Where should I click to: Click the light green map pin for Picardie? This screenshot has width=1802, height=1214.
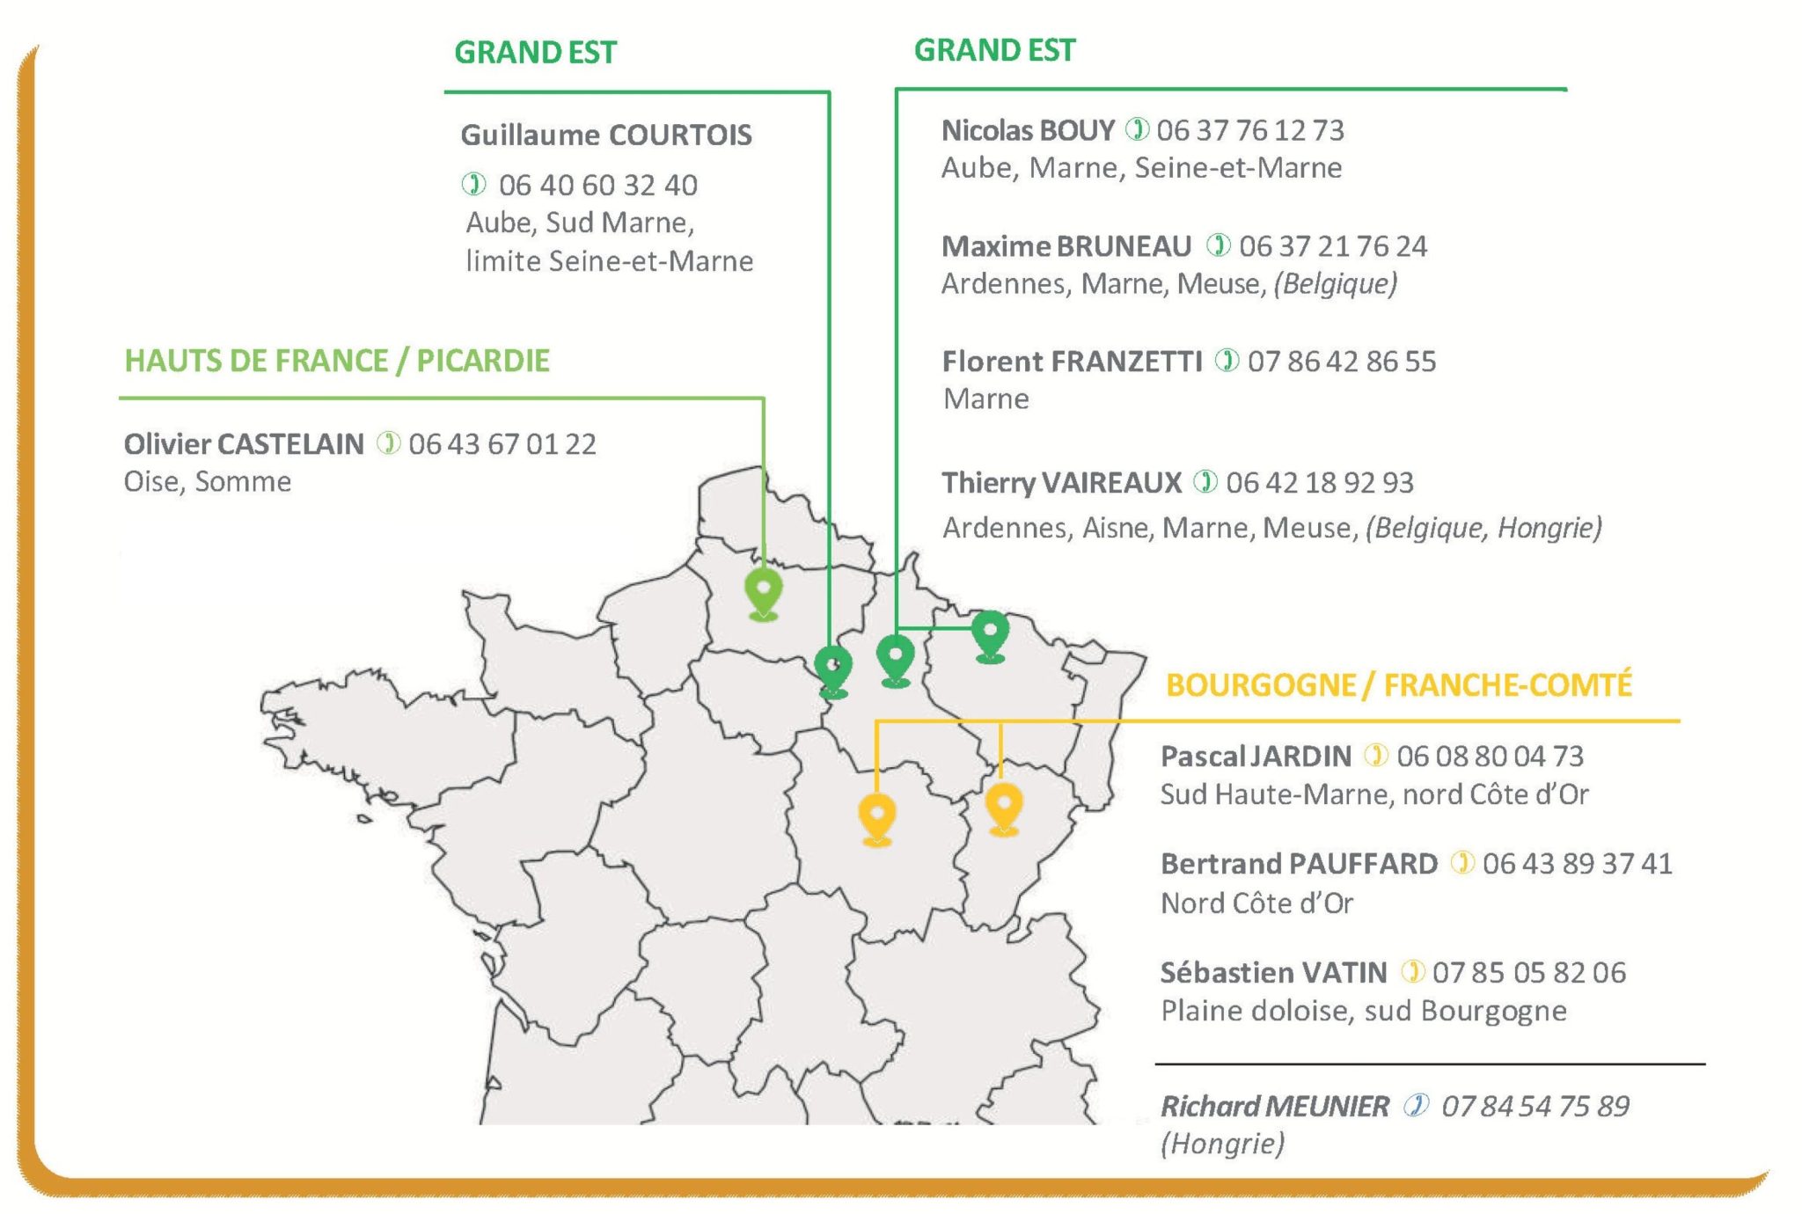pos(763,592)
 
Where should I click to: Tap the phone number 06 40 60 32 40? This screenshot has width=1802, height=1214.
pos(597,185)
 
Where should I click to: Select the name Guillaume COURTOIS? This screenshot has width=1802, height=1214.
pos(606,135)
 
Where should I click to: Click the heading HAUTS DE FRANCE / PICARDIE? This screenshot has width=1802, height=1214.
pos(337,361)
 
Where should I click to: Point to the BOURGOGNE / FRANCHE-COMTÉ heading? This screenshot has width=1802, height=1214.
pos(1398,684)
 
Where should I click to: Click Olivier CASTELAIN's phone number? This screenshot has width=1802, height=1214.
pos(502,443)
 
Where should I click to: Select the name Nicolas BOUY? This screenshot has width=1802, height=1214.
pos(1028,130)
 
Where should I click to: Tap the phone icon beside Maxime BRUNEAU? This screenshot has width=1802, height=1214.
pos(1218,245)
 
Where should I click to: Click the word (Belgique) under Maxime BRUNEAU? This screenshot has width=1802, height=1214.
pos(1335,283)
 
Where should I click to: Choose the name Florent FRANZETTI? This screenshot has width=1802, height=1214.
pos(1072,361)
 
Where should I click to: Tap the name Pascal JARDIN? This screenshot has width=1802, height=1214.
pos(1256,756)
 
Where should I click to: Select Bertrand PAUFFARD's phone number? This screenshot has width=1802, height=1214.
pos(1577,863)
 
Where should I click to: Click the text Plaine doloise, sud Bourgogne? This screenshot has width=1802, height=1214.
pos(1363,1010)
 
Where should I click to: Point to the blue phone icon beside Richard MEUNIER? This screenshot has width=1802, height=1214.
pos(1416,1105)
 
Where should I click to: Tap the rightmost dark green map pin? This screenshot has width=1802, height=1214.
pos(990,633)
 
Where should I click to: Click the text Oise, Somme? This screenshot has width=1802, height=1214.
pos(207,481)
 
